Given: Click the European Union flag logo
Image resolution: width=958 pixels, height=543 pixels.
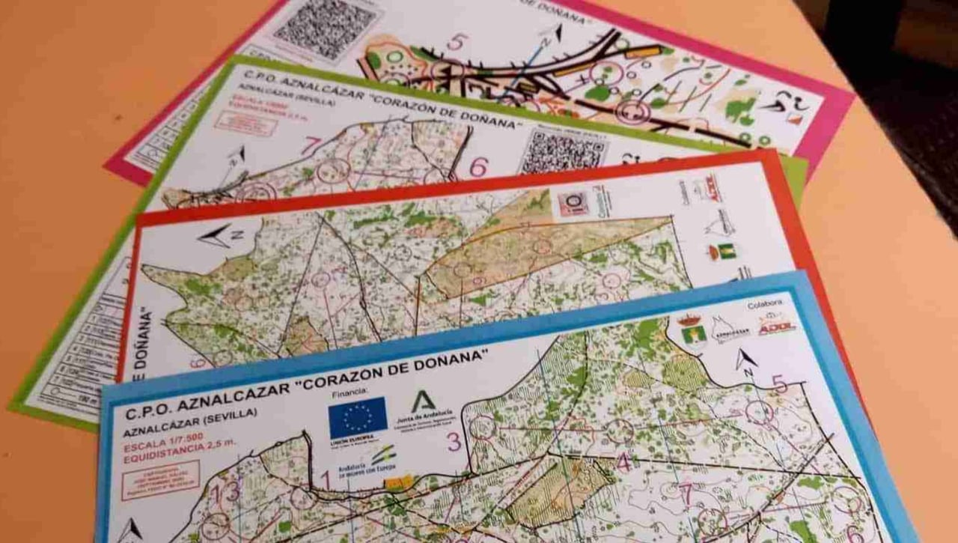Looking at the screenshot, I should click(358, 417).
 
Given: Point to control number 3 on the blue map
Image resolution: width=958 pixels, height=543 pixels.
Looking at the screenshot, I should click(454, 442).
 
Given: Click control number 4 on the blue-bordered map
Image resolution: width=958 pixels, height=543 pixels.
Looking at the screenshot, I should click(623, 462).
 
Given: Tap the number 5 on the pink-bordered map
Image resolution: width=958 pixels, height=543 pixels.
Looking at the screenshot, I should click(455, 42).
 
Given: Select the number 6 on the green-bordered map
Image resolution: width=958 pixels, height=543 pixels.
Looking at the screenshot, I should click(478, 167).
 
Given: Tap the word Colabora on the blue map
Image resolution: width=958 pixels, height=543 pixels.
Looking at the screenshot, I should click(763, 304).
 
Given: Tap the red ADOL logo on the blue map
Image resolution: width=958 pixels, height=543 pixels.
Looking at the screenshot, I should click(778, 326).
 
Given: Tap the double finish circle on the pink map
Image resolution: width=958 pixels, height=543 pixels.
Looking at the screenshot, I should click(634, 112).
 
